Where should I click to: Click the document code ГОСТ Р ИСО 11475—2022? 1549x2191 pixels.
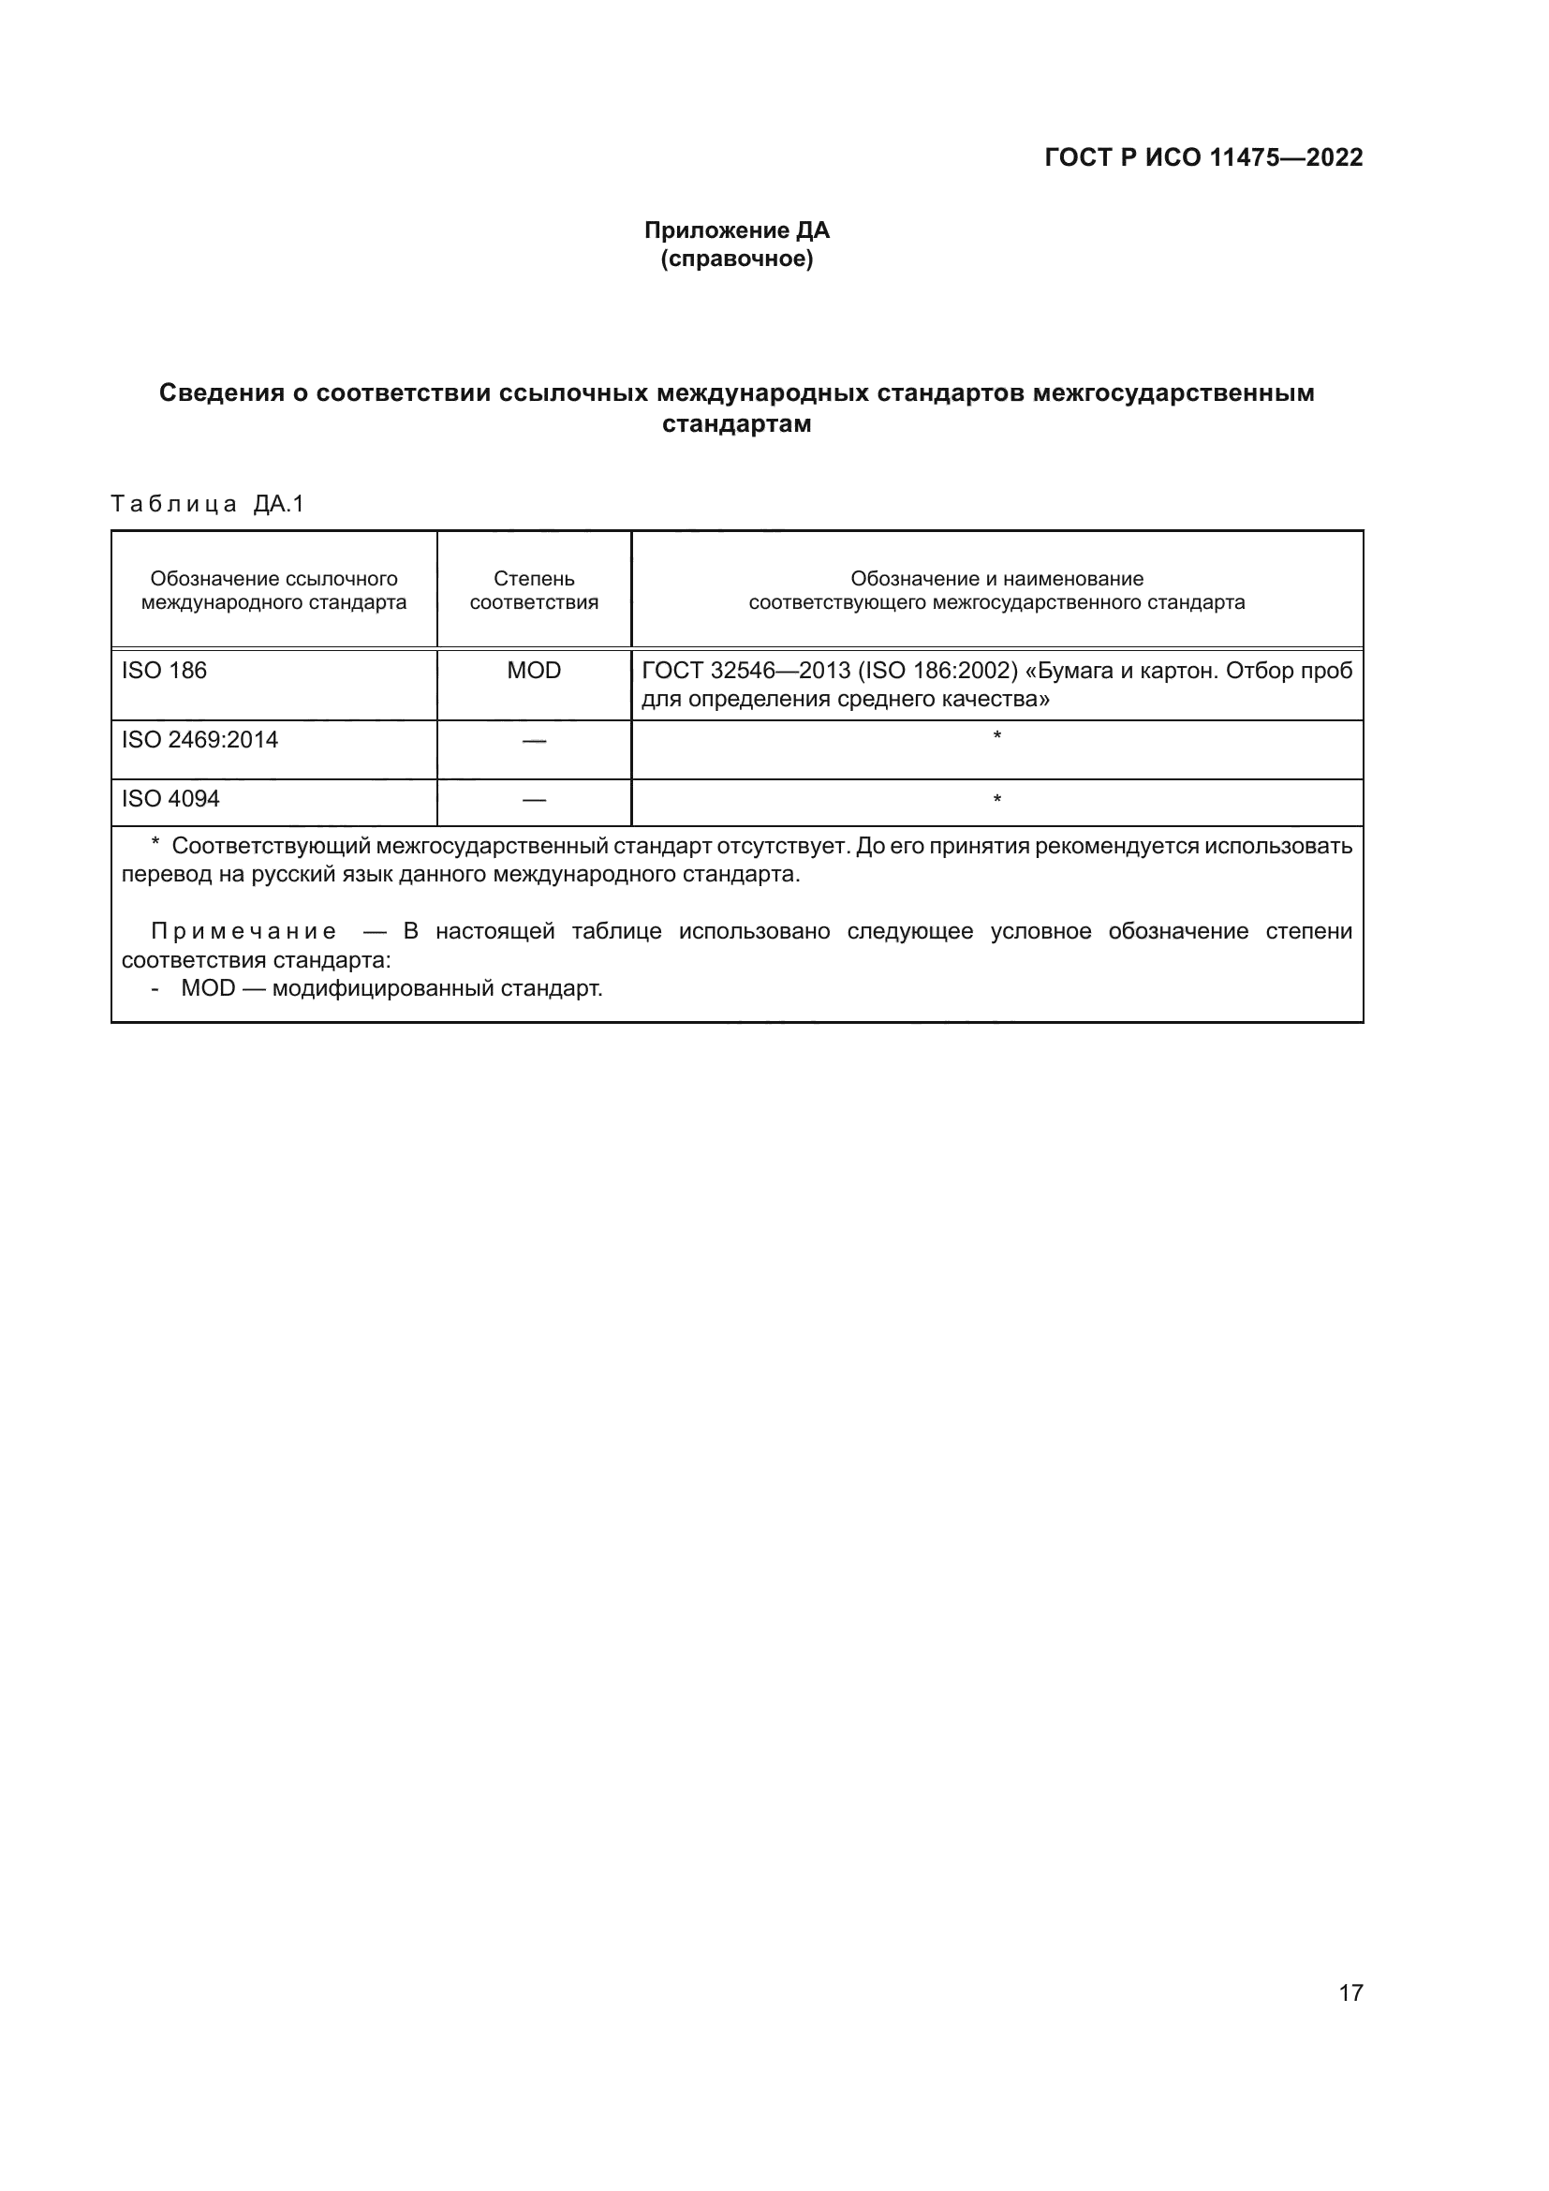pyautogui.click(x=1202, y=157)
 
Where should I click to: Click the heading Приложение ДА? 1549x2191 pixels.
pyautogui.click(x=736, y=230)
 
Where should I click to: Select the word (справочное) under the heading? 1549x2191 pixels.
pyautogui.click(x=736, y=259)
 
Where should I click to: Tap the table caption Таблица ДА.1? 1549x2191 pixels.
pyautogui.click(x=207, y=504)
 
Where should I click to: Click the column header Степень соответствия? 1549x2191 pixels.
pyautogui.click(x=534, y=591)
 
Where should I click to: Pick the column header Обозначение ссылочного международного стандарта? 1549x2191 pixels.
pyautogui.click(x=273, y=591)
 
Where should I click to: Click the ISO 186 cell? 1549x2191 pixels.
pyautogui.click(x=164, y=671)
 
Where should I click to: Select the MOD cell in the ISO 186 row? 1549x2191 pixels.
pyautogui.click(x=534, y=671)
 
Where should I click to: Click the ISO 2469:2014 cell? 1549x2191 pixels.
pyautogui.click(x=200, y=741)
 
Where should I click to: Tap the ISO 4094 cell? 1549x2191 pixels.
pyautogui.click(x=170, y=799)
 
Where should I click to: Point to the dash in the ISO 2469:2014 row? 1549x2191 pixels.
pyautogui.click(x=534, y=742)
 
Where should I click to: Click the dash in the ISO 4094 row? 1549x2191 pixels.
pyautogui.click(x=534, y=800)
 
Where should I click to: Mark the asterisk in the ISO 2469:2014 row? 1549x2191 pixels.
pyautogui.click(x=996, y=735)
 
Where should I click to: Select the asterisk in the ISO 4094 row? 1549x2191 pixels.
pyautogui.click(x=996, y=799)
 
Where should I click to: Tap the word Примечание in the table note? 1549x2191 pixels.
pyautogui.click(x=244, y=931)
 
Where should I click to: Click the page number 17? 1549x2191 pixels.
pyautogui.click(x=1350, y=1992)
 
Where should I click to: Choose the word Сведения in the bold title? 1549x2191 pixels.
pyautogui.click(x=221, y=393)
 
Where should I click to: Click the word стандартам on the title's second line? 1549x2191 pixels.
pyautogui.click(x=736, y=424)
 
